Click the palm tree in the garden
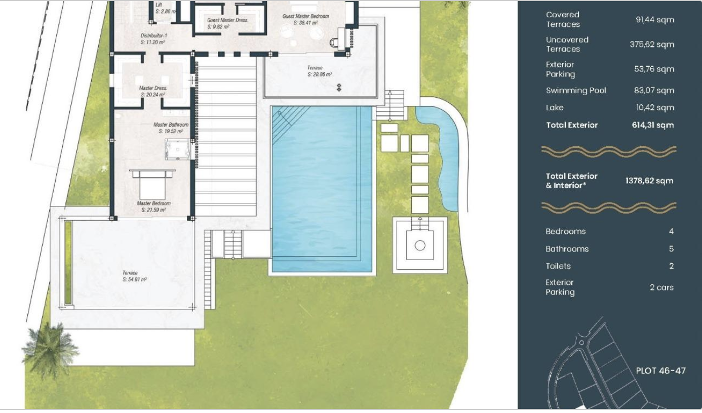click(x=50, y=349)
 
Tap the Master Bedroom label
click(x=153, y=206)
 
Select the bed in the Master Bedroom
click(x=152, y=185)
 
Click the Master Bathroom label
click(x=171, y=128)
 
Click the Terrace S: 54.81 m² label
click(x=134, y=276)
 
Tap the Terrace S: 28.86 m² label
click(x=320, y=71)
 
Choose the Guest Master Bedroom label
click(x=305, y=19)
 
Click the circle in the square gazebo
click(x=420, y=245)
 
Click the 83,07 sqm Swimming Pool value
click(x=654, y=91)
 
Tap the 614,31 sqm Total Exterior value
click(x=653, y=125)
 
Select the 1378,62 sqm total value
click(x=649, y=181)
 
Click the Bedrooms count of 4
click(x=671, y=231)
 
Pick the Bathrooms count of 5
click(x=671, y=249)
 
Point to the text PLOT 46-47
click(x=660, y=370)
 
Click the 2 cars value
click(x=661, y=287)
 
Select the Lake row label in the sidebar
click(x=555, y=108)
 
